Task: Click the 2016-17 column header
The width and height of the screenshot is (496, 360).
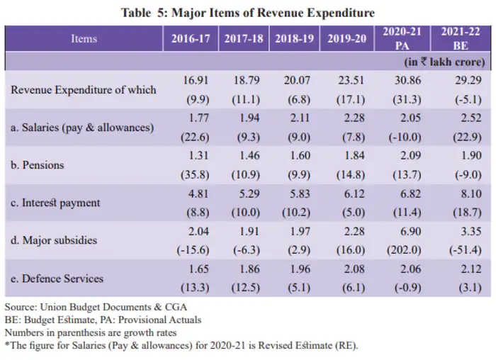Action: [191, 39]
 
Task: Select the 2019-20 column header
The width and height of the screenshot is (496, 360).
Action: [346, 39]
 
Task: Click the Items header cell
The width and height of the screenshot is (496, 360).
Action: [84, 39]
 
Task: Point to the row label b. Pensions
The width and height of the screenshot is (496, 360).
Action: [38, 165]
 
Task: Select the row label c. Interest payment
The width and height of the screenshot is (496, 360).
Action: [55, 203]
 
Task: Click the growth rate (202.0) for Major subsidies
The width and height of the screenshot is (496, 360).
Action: [402, 251]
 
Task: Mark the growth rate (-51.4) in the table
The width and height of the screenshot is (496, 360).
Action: [461, 251]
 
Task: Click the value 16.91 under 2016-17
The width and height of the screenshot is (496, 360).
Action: [191, 82]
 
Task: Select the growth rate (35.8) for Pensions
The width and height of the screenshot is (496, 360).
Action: [191, 175]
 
